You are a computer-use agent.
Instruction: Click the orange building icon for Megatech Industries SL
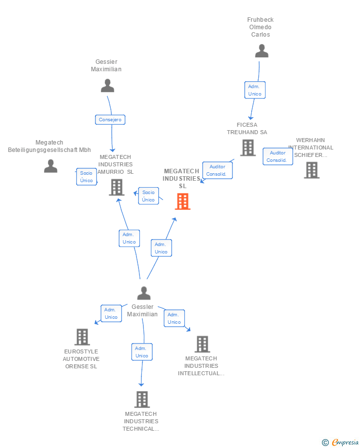click(x=182, y=201)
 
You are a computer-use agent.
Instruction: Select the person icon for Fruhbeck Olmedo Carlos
click(x=262, y=51)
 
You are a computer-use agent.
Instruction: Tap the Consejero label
click(x=110, y=120)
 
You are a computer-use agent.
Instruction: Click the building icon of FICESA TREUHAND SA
click(x=248, y=148)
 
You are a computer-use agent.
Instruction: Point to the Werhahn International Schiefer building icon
click(x=312, y=170)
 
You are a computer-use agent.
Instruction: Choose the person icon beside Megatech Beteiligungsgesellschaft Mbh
click(x=50, y=166)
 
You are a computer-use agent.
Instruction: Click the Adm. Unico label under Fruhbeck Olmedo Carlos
click(x=255, y=90)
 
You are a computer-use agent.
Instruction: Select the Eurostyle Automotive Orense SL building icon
click(x=82, y=337)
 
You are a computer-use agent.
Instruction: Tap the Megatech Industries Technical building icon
click(x=142, y=399)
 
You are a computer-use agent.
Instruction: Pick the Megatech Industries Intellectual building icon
click(x=202, y=344)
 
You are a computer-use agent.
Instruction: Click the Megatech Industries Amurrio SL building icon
click(x=117, y=187)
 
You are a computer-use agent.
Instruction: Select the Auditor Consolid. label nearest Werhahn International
click(x=277, y=156)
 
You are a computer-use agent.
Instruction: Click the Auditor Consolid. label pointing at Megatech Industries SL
click(x=217, y=170)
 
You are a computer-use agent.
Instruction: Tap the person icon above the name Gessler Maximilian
click(x=144, y=293)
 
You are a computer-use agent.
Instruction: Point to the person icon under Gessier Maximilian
click(x=107, y=86)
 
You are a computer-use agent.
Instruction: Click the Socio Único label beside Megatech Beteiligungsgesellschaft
click(x=87, y=177)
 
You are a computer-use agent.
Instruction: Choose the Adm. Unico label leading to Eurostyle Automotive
click(x=111, y=313)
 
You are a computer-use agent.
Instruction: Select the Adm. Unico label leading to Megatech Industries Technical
click(x=142, y=352)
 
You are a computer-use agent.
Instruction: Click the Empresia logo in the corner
click(x=341, y=442)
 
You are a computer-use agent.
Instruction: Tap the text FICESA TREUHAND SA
click(x=247, y=129)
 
